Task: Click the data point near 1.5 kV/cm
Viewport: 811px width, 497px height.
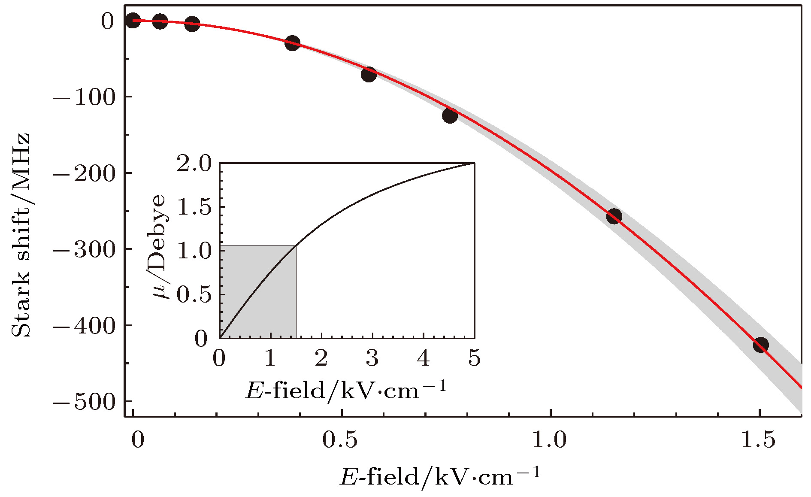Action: pos(760,344)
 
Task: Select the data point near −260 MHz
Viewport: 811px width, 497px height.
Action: pos(614,216)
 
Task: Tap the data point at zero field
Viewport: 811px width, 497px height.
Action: pos(133,20)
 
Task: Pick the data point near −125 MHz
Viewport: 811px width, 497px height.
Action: pos(450,115)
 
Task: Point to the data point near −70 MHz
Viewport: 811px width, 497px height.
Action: pos(369,74)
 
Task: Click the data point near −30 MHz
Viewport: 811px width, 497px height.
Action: pos(292,43)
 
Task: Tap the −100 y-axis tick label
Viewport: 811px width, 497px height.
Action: pos(85,97)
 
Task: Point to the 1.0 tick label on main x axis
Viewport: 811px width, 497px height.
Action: pos(550,440)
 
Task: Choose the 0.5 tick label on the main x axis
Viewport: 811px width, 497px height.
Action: pos(341,440)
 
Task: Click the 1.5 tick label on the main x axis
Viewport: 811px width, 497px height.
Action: pos(759,440)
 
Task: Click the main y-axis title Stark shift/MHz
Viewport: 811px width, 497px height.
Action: pos(21,235)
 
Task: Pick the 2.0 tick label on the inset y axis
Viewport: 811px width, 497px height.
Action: pos(194,164)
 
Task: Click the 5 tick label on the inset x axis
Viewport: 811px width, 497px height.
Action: pos(474,358)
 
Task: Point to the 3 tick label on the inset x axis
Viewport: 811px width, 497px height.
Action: pos(372,358)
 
